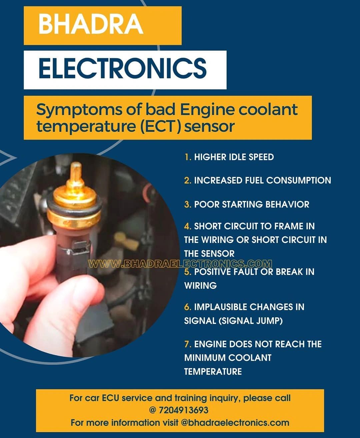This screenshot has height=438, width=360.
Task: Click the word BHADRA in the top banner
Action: (91, 24)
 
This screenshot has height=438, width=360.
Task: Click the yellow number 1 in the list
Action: (187, 157)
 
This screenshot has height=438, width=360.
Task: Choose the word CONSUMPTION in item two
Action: (299, 180)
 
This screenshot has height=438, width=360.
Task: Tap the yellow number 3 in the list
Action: (188, 204)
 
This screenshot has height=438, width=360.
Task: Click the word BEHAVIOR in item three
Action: (287, 204)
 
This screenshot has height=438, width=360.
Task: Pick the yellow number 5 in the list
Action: (188, 272)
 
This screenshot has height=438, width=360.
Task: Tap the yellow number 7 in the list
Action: (188, 344)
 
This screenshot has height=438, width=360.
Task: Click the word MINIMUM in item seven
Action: (205, 358)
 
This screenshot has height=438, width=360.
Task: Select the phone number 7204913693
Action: (183, 410)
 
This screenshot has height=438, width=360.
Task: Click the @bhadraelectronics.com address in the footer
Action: (235, 423)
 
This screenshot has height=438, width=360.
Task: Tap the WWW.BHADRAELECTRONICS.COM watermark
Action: (180, 264)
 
